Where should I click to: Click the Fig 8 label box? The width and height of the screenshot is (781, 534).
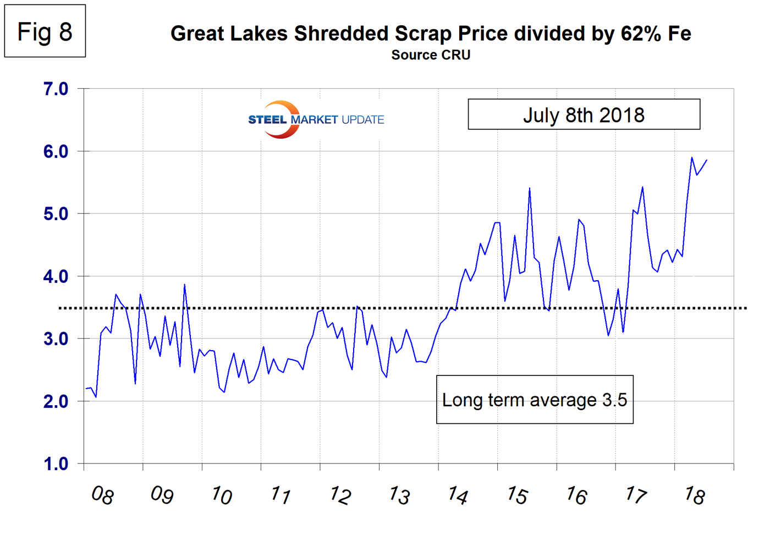[45, 31]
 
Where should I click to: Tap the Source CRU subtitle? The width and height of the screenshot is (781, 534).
[431, 55]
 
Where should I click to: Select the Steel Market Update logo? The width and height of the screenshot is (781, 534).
[316, 119]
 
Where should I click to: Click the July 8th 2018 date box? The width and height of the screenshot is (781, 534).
[584, 115]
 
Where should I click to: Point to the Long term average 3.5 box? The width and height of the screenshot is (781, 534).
[535, 400]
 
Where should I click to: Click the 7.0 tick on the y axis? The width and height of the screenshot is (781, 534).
[56, 89]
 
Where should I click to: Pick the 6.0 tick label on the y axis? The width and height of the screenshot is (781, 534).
[56, 151]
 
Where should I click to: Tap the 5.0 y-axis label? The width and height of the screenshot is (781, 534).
[56, 214]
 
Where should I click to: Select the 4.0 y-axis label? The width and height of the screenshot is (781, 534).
[56, 276]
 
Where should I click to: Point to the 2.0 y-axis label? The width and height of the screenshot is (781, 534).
[56, 401]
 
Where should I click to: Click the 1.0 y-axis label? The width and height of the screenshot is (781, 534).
[56, 464]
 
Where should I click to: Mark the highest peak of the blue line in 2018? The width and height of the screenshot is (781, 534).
[692, 157]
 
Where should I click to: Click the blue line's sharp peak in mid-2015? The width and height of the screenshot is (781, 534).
[529, 188]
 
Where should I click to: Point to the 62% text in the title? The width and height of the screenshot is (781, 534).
[642, 34]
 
